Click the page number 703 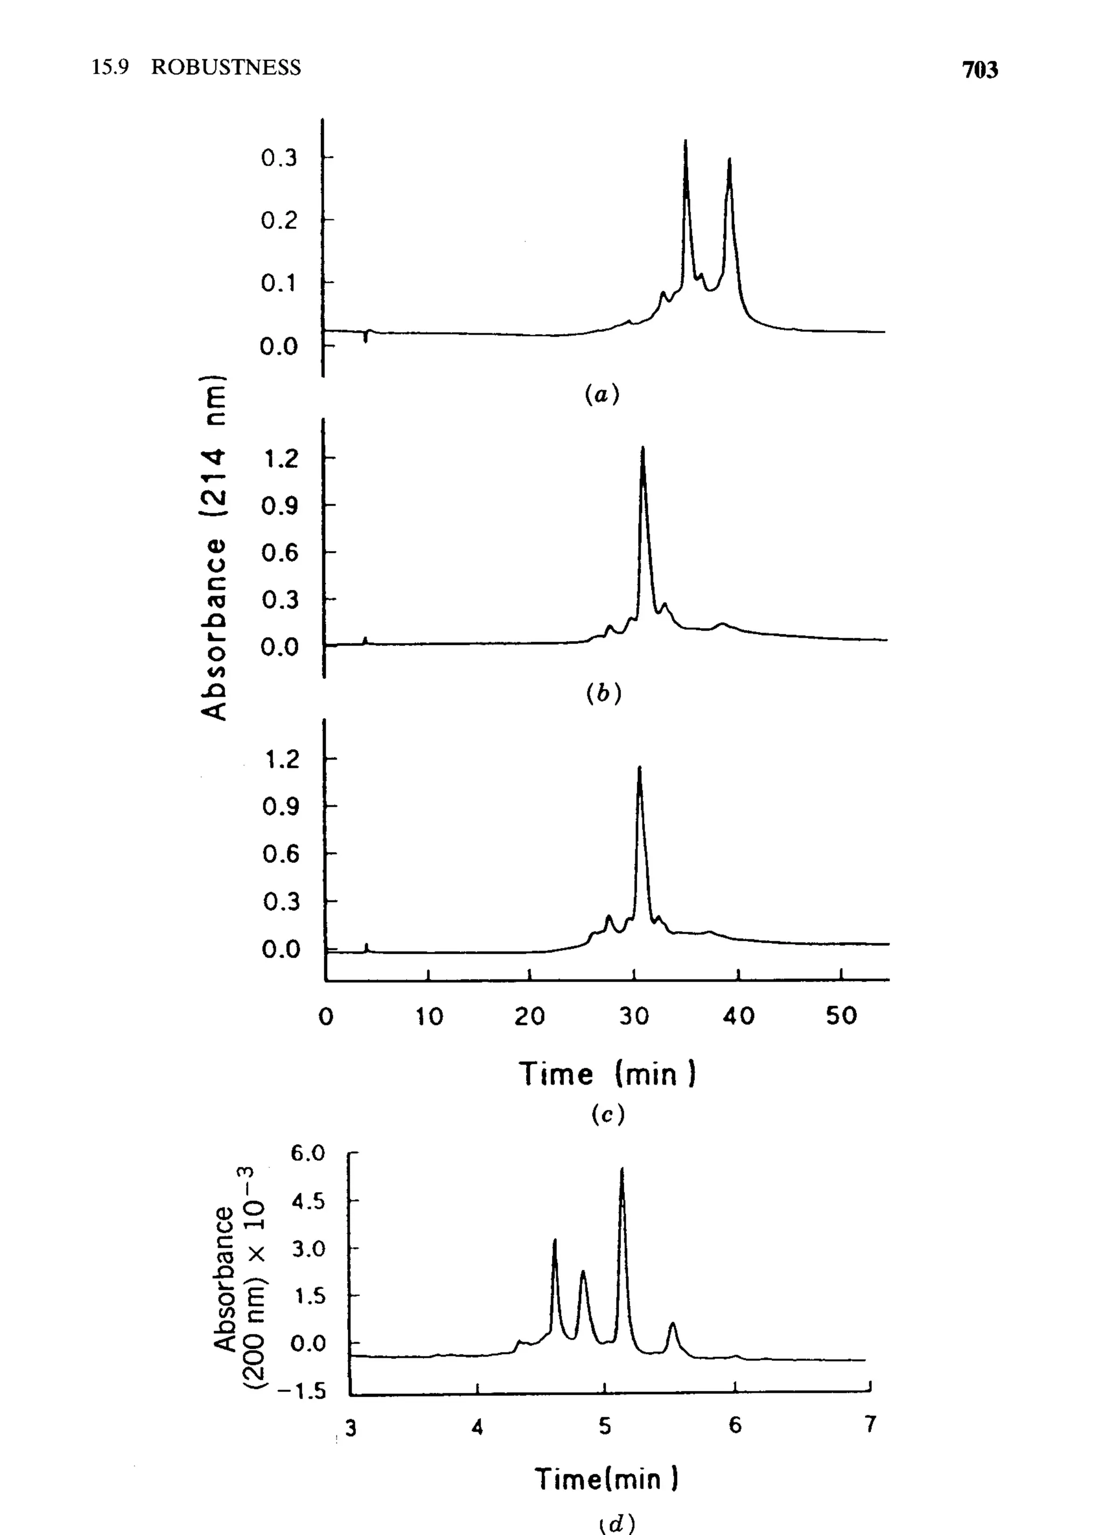(x=979, y=70)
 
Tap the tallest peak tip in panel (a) (x=686, y=142)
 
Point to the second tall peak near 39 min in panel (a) (x=729, y=161)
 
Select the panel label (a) (x=602, y=394)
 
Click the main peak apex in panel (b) (x=642, y=449)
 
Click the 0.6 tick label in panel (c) (x=280, y=854)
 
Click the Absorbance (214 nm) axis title (x=214, y=548)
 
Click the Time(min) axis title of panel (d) (x=606, y=1479)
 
